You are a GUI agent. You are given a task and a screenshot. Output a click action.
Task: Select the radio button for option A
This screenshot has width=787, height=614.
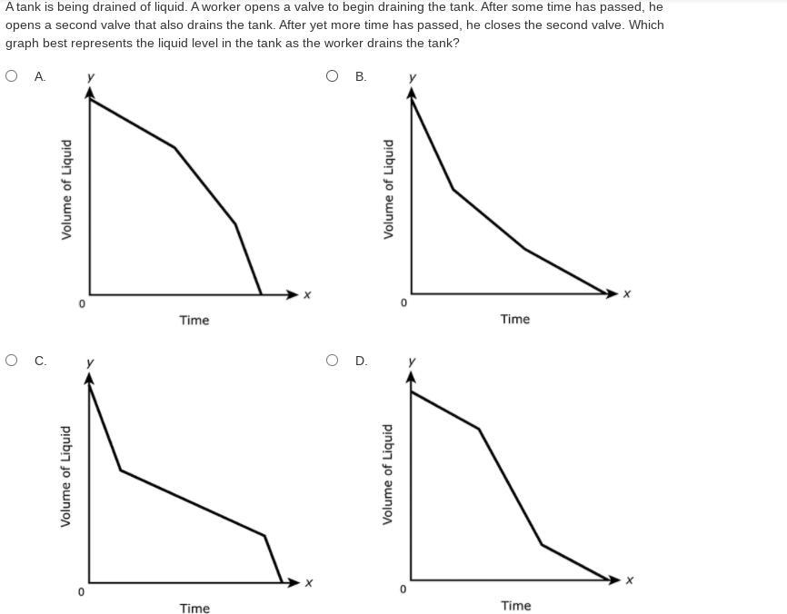12,76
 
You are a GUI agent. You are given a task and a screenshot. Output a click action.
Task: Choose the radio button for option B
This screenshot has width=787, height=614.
333,76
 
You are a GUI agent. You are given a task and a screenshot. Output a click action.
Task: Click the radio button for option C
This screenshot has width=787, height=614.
12,361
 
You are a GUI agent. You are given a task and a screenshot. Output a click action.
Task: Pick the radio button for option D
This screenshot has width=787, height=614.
333,361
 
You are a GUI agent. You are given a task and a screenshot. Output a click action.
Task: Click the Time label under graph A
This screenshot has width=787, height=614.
194,320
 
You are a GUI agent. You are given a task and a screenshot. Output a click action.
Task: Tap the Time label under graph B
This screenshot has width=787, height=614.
514,319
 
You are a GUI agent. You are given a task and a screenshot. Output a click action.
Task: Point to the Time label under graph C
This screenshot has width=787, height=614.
194,609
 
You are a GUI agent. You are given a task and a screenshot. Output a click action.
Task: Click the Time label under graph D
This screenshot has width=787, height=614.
515,606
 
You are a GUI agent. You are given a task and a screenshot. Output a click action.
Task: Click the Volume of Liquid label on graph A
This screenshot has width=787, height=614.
66,190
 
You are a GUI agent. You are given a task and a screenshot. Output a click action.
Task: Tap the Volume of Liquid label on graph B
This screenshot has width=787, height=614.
389,189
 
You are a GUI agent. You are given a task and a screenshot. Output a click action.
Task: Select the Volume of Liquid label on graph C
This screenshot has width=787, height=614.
66,476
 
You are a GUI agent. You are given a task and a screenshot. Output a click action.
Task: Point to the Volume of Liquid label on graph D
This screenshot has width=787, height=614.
388,474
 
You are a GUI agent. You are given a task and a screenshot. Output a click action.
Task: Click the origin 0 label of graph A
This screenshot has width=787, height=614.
81,303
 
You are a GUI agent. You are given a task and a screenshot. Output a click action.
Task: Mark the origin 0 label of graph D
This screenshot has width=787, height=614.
403,589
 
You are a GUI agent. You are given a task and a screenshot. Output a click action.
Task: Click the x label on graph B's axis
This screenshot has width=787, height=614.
627,293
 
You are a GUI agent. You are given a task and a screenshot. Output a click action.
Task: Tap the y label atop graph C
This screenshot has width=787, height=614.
89,362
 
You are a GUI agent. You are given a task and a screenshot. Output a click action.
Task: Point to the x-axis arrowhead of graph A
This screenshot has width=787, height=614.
293,294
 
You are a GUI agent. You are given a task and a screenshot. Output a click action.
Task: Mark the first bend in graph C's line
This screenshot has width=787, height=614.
121,470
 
